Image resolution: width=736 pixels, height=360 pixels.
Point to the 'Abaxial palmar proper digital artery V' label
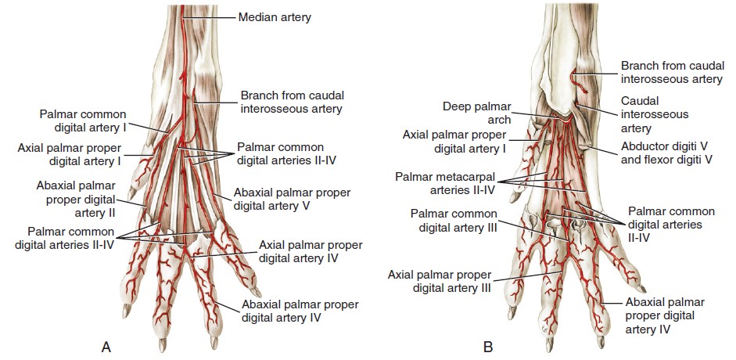[x=293, y=200]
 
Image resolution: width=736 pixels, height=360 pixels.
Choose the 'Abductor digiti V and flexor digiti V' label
[x=666, y=153]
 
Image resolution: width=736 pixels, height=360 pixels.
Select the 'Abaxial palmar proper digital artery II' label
[x=76, y=199]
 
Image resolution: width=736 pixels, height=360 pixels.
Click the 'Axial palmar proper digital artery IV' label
[x=310, y=251]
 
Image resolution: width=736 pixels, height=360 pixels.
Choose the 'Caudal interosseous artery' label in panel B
[x=655, y=114]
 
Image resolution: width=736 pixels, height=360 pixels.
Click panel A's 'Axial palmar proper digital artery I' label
[x=67, y=155]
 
